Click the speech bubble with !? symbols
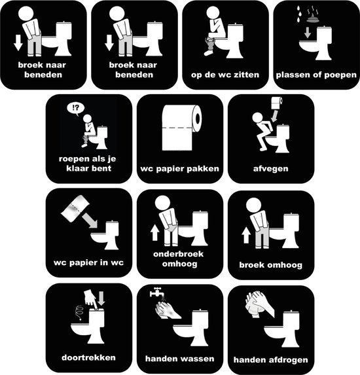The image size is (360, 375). coord(75,109)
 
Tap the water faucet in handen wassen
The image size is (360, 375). coord(156,292)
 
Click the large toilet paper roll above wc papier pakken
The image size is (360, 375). coord(182,128)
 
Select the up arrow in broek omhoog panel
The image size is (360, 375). coord(246,235)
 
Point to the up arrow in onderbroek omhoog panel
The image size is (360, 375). coord(154,232)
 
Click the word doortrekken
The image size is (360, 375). coord(88,357)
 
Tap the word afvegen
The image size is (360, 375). coord(271,169)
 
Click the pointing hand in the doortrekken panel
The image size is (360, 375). coord(91,298)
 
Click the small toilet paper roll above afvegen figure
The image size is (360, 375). coord(277,103)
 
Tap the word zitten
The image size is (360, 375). coord(246,75)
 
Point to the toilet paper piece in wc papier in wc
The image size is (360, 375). coord(75,208)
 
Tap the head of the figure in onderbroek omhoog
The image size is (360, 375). coord(163,203)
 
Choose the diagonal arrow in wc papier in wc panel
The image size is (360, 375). coord(90,221)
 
